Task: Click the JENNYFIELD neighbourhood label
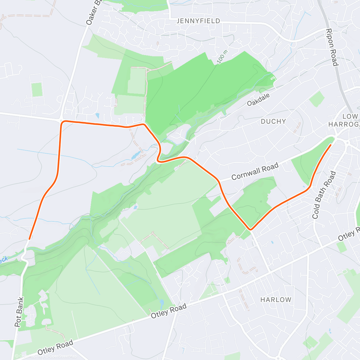coord(198,21)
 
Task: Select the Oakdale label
coord(258,99)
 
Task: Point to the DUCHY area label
coord(273,121)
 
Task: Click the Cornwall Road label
coord(255,171)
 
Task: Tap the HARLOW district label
coord(276,300)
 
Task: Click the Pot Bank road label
coord(19,312)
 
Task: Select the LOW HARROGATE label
coord(345,120)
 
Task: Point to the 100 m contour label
coord(222,56)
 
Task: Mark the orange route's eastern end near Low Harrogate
coord(331,145)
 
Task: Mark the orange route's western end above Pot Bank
coord(29,239)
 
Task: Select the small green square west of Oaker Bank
coord(37,90)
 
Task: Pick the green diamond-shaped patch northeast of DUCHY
coord(317,99)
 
